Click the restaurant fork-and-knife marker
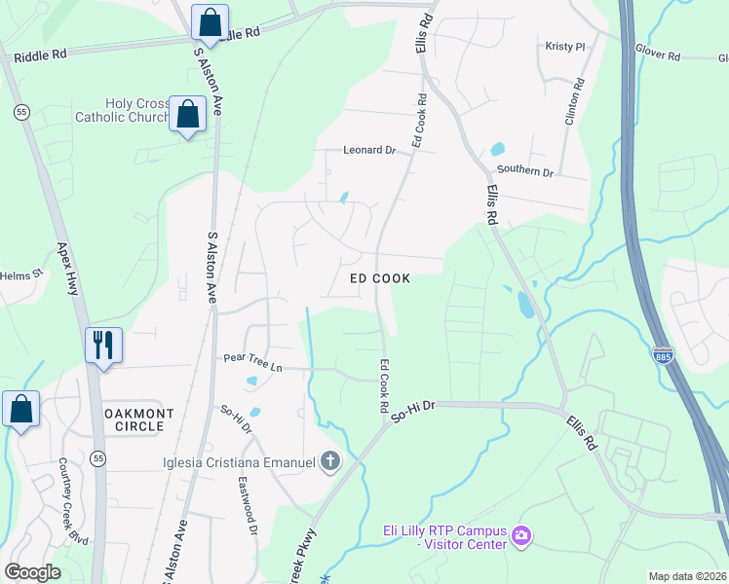pos(103,345)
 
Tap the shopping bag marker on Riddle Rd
pos(210,20)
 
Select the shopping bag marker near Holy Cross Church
pos(186,114)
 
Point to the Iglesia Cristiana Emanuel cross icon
pos(330,460)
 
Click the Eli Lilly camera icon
pos(521,536)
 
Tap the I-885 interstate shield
pos(663,356)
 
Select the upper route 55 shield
pos(20,113)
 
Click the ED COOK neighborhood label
pos(380,278)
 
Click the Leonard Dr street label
pos(369,151)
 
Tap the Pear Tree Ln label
pos(252,367)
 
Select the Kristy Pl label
pos(565,47)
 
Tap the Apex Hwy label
pos(67,270)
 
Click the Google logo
pos(32,572)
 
